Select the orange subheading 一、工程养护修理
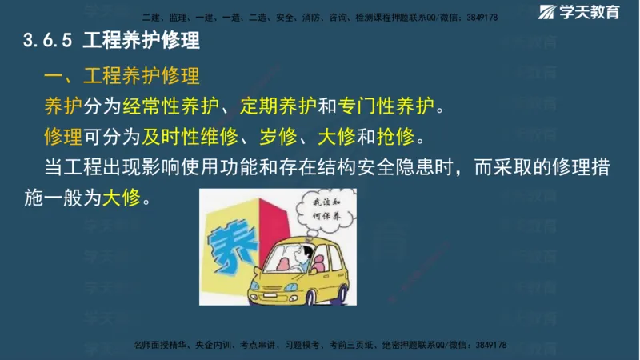(122, 77)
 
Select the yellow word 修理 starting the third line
(64, 136)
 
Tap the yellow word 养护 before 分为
(64, 106)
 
